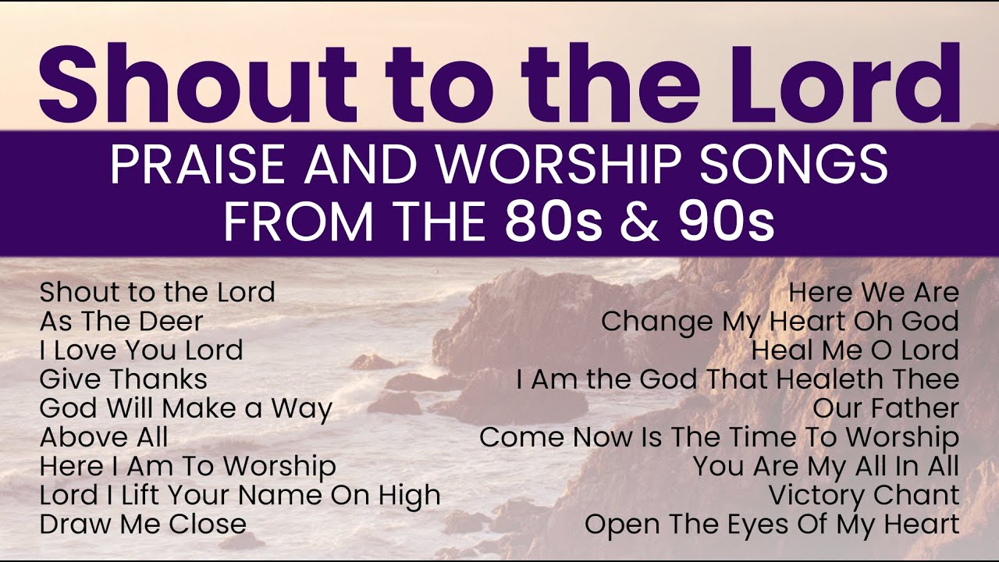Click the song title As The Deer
coord(121,321)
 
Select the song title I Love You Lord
coord(141,350)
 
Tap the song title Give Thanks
coord(123,379)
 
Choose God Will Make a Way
coord(186,408)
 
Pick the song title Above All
coord(104,437)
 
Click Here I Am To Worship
coord(187,467)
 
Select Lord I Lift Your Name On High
coord(240,496)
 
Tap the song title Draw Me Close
coord(143,525)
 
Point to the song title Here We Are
coord(873,293)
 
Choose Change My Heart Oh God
coord(780,321)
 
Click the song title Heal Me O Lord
coord(855,350)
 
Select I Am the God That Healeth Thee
coord(738,379)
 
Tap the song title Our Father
coord(886,408)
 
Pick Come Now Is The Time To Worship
coord(719,437)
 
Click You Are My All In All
coord(826,467)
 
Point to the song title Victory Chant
coord(864,496)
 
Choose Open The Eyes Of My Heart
coord(772,525)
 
